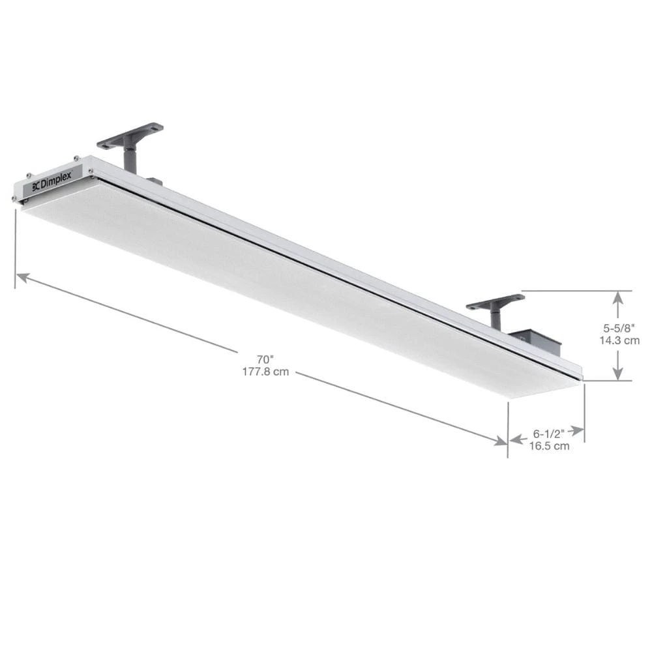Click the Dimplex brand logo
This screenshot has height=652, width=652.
click(x=53, y=183)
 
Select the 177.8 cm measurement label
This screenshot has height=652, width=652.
click(x=265, y=372)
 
